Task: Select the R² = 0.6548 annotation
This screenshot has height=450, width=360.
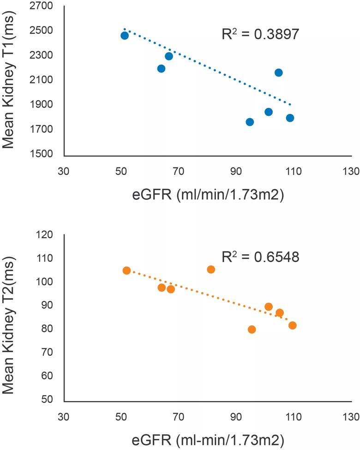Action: click(x=260, y=256)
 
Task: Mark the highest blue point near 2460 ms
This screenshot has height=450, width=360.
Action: click(x=125, y=36)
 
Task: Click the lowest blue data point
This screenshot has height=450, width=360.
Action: click(x=250, y=122)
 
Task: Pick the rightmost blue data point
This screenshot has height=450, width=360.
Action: click(x=290, y=118)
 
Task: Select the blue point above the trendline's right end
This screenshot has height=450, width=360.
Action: click(x=278, y=72)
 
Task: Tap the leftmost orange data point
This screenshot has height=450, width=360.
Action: click(x=127, y=270)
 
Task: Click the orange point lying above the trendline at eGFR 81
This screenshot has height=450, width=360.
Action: click(x=211, y=270)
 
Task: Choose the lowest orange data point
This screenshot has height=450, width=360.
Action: click(x=252, y=330)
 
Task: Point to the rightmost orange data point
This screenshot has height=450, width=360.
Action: click(x=292, y=325)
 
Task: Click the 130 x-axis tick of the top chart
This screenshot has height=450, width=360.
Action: click(x=351, y=171)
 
